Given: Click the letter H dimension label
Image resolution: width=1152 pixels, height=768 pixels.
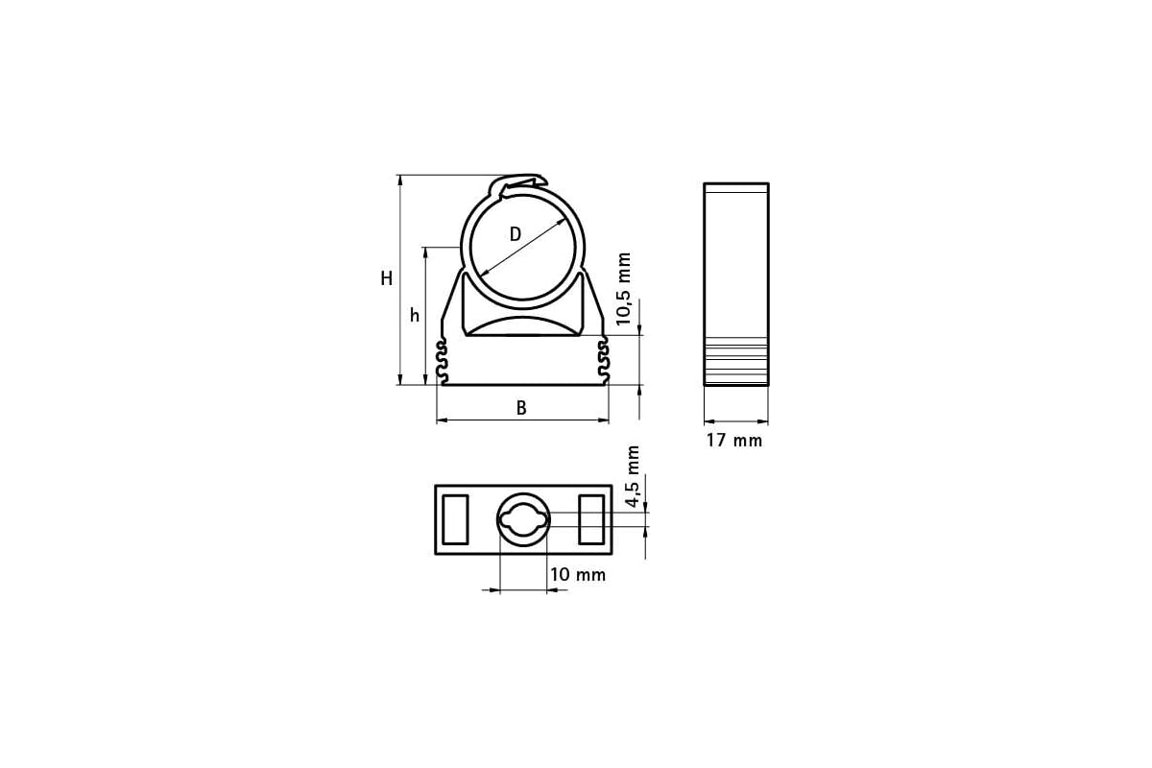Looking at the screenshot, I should (386, 279).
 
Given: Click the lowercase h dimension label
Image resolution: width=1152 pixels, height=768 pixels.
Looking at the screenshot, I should (415, 315).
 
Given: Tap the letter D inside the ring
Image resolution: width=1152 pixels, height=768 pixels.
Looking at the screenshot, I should (515, 234).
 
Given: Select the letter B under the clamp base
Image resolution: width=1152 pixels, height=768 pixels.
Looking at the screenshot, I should (521, 407).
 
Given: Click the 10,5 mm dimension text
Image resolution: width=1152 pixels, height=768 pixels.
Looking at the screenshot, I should (624, 290).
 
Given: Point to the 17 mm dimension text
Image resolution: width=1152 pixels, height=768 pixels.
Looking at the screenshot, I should (734, 441).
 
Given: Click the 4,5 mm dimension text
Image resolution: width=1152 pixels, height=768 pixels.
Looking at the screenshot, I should (632, 477).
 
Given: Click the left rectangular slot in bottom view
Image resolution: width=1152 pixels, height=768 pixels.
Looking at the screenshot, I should (454, 519).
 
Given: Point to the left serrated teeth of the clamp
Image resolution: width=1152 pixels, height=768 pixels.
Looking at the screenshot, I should (443, 361).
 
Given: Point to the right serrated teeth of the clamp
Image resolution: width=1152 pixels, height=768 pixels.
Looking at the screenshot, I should (604, 361).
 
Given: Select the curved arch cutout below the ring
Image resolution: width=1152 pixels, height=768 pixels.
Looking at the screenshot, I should (523, 325).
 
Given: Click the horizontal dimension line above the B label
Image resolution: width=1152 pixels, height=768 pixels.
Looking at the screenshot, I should (523, 420).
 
